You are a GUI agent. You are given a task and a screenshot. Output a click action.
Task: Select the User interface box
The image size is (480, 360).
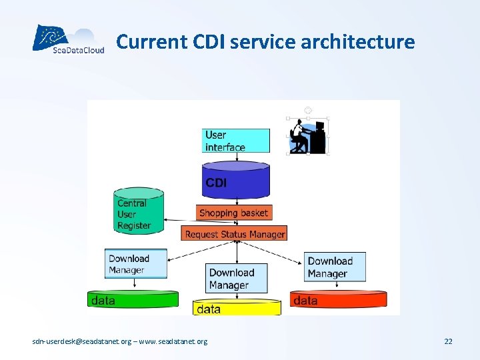[x=237, y=141]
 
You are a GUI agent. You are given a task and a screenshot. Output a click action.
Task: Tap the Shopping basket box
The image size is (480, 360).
[x=235, y=213]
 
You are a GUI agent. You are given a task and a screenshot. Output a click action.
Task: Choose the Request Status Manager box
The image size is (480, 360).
[x=235, y=233]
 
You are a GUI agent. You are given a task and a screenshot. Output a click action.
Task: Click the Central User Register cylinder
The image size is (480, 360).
[x=139, y=212]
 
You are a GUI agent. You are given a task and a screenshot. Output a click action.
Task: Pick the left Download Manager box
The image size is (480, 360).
[x=136, y=264]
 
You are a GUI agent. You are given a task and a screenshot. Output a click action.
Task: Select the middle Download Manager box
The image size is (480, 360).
[x=237, y=279]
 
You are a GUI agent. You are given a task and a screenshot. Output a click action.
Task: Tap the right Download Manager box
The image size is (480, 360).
[x=336, y=267]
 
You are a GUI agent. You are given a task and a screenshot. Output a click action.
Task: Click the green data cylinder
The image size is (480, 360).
[x=133, y=299]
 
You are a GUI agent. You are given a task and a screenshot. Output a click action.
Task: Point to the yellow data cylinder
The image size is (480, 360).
[x=237, y=308]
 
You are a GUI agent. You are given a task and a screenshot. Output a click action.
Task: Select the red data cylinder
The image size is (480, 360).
[x=338, y=299]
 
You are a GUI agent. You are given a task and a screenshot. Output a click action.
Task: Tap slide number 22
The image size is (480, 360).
[x=448, y=341]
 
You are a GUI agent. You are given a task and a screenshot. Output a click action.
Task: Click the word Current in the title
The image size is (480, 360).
[x=143, y=42]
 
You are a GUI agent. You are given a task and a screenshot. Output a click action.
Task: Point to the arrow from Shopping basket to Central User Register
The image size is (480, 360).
[x=181, y=219]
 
